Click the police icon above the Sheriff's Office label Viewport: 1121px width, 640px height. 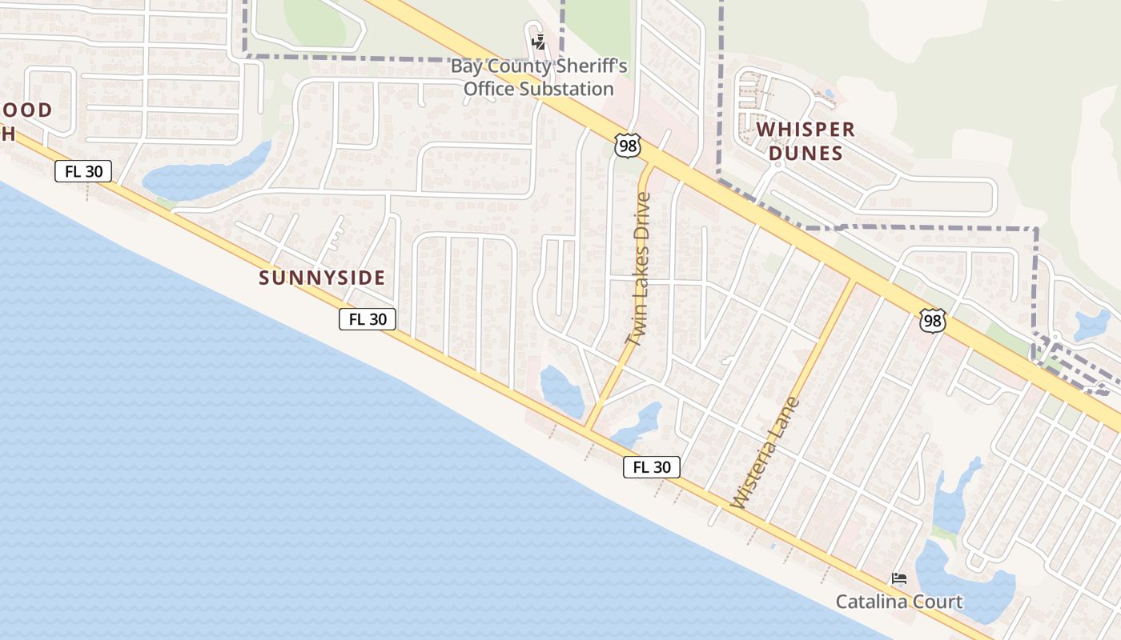tap(539, 42)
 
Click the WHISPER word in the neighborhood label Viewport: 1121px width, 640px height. tap(806, 130)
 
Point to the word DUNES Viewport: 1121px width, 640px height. tap(806, 153)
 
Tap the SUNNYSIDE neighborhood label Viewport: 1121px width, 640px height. tap(322, 278)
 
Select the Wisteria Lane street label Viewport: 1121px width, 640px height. tap(765, 453)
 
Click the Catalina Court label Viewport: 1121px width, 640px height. tap(898, 602)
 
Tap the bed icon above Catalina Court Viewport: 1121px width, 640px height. tap(899, 578)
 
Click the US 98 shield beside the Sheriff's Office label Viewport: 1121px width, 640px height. tap(627, 145)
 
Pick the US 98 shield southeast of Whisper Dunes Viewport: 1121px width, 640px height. tap(933, 321)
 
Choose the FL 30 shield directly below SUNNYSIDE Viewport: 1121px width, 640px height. tap(368, 319)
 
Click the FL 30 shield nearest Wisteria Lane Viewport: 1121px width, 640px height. tap(652, 467)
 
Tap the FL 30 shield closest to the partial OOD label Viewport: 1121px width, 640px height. tap(83, 170)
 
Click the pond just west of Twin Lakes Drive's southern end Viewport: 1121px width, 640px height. tap(561, 391)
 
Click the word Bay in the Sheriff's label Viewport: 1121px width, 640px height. tap(465, 66)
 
